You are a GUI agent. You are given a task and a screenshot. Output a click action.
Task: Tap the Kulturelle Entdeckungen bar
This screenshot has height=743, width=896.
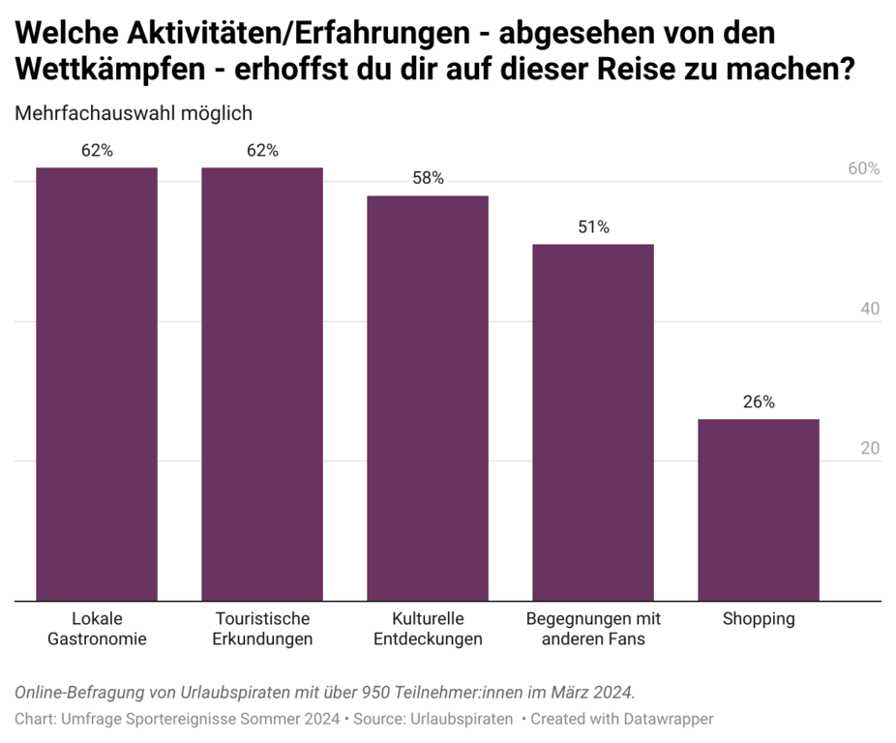click(x=428, y=398)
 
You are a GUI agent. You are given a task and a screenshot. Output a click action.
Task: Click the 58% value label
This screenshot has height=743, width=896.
click(x=428, y=178)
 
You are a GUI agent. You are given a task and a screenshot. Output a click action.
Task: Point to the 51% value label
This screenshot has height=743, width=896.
click(x=593, y=227)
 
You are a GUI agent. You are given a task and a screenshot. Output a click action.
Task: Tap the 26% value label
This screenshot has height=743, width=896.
click(x=759, y=402)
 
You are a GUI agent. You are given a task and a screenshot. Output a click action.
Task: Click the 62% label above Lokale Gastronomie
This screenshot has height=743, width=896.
click(x=97, y=150)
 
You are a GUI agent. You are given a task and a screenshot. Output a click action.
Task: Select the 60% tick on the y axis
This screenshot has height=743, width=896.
click(x=863, y=168)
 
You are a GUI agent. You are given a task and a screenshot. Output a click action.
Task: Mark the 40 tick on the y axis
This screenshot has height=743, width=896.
click(x=870, y=310)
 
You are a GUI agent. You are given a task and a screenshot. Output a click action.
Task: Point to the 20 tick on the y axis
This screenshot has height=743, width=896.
click(x=870, y=449)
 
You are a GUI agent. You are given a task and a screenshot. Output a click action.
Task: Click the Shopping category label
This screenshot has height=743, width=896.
click(x=759, y=619)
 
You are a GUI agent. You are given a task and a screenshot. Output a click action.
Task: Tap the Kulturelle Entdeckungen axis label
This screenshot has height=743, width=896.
click(x=428, y=629)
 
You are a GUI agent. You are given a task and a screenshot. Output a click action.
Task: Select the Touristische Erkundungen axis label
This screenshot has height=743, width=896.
click(x=262, y=629)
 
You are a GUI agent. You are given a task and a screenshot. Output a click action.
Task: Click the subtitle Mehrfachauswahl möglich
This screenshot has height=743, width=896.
click(x=134, y=113)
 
